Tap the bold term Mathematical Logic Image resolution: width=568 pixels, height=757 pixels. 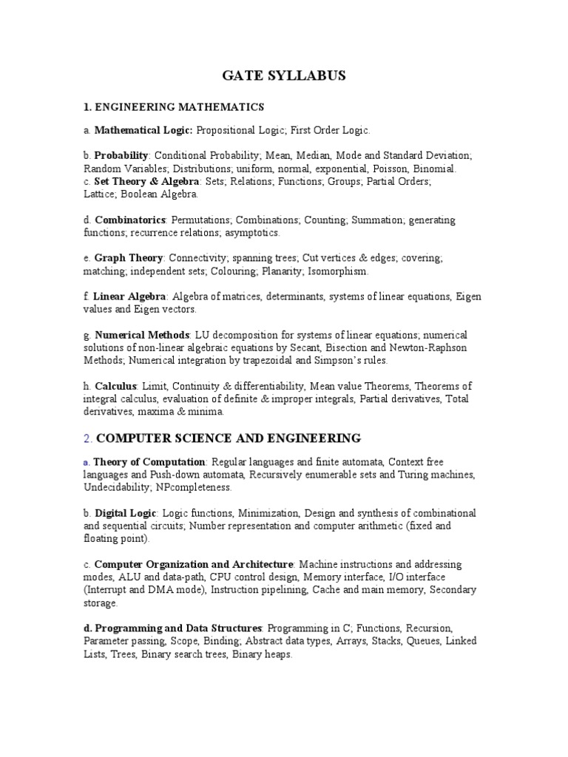point(143,130)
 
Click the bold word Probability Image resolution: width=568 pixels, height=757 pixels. point(121,155)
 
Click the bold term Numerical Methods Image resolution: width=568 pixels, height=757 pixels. point(143,336)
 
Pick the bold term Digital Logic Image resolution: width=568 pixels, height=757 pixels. point(125,513)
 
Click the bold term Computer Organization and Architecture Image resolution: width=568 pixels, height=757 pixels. point(194,564)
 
